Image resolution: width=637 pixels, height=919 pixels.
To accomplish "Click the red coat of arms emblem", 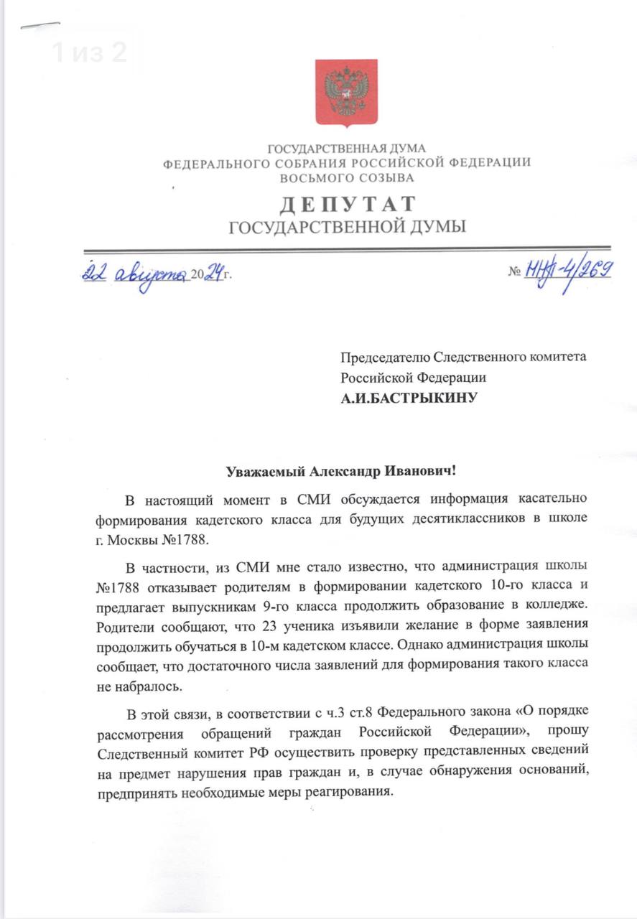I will coord(346,93).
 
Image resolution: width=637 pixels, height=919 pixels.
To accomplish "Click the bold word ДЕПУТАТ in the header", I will coord(347,205).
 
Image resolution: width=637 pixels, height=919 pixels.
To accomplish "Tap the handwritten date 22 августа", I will coord(134,274).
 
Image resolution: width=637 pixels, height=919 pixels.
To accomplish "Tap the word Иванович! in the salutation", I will coord(424,472).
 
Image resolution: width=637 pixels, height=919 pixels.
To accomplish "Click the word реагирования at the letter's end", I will coord(348,793).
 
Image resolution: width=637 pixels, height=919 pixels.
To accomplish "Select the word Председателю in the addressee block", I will coord(384,357).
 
